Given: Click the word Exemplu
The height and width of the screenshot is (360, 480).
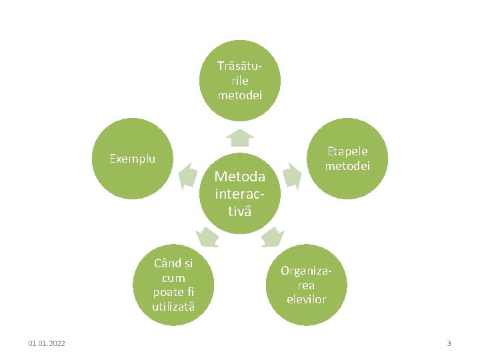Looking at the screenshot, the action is [132, 159].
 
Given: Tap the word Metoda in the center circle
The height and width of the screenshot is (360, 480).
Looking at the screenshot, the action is [240, 177].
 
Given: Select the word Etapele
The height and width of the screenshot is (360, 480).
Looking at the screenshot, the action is [347, 151].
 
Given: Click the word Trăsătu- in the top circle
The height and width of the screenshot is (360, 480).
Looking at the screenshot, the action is [239, 66].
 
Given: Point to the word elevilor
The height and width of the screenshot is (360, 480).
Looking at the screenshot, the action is [306, 299].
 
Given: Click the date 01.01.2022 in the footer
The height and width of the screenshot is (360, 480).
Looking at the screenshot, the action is [47, 343].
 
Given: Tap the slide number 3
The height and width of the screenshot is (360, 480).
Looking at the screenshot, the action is [449, 343].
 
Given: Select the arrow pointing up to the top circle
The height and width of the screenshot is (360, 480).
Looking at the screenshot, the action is [240, 137].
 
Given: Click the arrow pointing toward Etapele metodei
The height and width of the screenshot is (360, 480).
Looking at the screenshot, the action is [291, 175].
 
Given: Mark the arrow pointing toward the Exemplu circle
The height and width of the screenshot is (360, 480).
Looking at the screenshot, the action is [189, 175].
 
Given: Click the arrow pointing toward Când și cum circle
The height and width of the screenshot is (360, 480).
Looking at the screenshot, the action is [207, 236].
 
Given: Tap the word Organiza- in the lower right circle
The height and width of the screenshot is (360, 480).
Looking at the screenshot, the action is [306, 271].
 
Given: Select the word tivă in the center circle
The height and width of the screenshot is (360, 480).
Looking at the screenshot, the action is [240, 211].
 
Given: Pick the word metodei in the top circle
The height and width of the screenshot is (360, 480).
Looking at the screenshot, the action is [240, 95].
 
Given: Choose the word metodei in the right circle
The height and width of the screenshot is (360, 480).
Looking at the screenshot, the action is [347, 166].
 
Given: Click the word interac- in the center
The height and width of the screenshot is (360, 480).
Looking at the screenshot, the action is [240, 194].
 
